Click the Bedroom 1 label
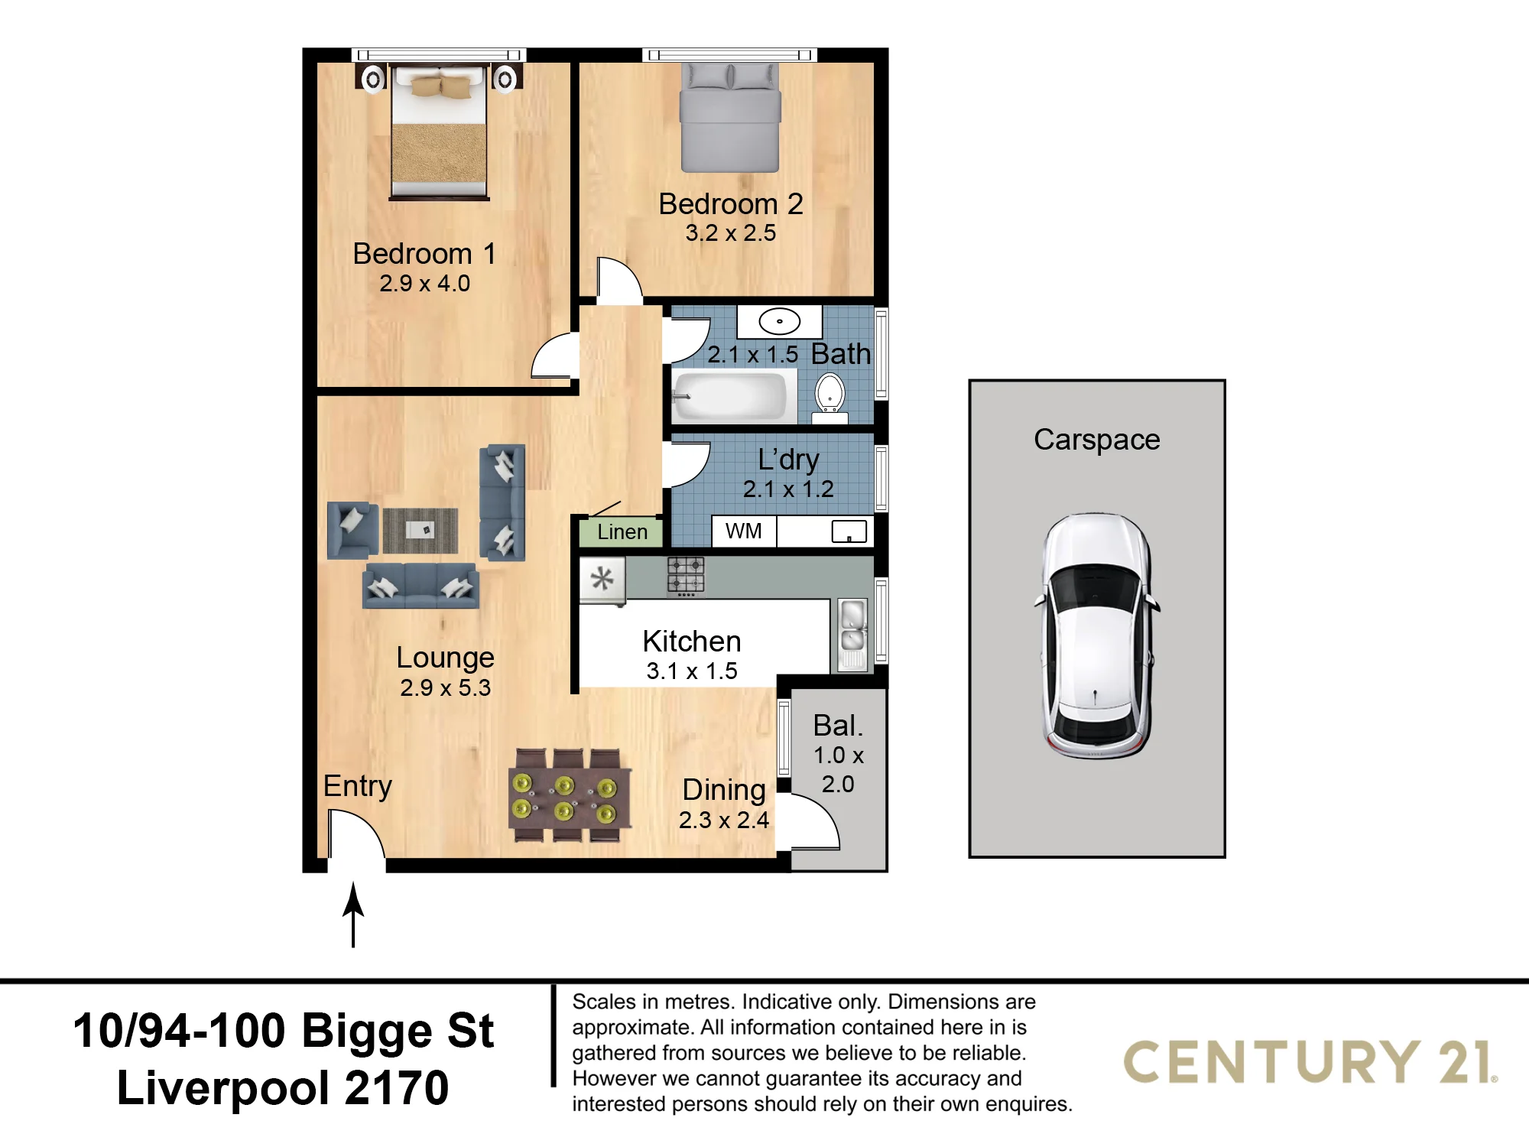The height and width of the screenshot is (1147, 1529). (x=424, y=254)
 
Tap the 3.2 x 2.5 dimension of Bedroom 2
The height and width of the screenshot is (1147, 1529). (x=730, y=232)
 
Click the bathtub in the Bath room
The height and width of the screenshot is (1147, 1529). (x=730, y=395)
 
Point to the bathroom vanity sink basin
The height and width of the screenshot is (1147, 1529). (x=780, y=321)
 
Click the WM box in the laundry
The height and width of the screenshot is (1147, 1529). (x=744, y=531)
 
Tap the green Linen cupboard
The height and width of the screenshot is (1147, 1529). (x=622, y=531)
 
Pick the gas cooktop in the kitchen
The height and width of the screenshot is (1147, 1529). (x=686, y=576)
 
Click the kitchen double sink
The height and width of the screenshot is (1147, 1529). (x=852, y=635)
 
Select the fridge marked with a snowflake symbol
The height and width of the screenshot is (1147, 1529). (x=602, y=580)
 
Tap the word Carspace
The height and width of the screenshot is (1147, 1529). (x=1097, y=440)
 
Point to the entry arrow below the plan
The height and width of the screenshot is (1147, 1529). (x=353, y=915)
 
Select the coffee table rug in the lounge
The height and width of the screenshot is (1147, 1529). (x=420, y=531)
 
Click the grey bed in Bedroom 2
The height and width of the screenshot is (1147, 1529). (x=730, y=118)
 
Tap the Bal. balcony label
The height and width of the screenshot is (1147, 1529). (x=838, y=725)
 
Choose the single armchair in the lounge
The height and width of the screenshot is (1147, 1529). (x=352, y=529)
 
